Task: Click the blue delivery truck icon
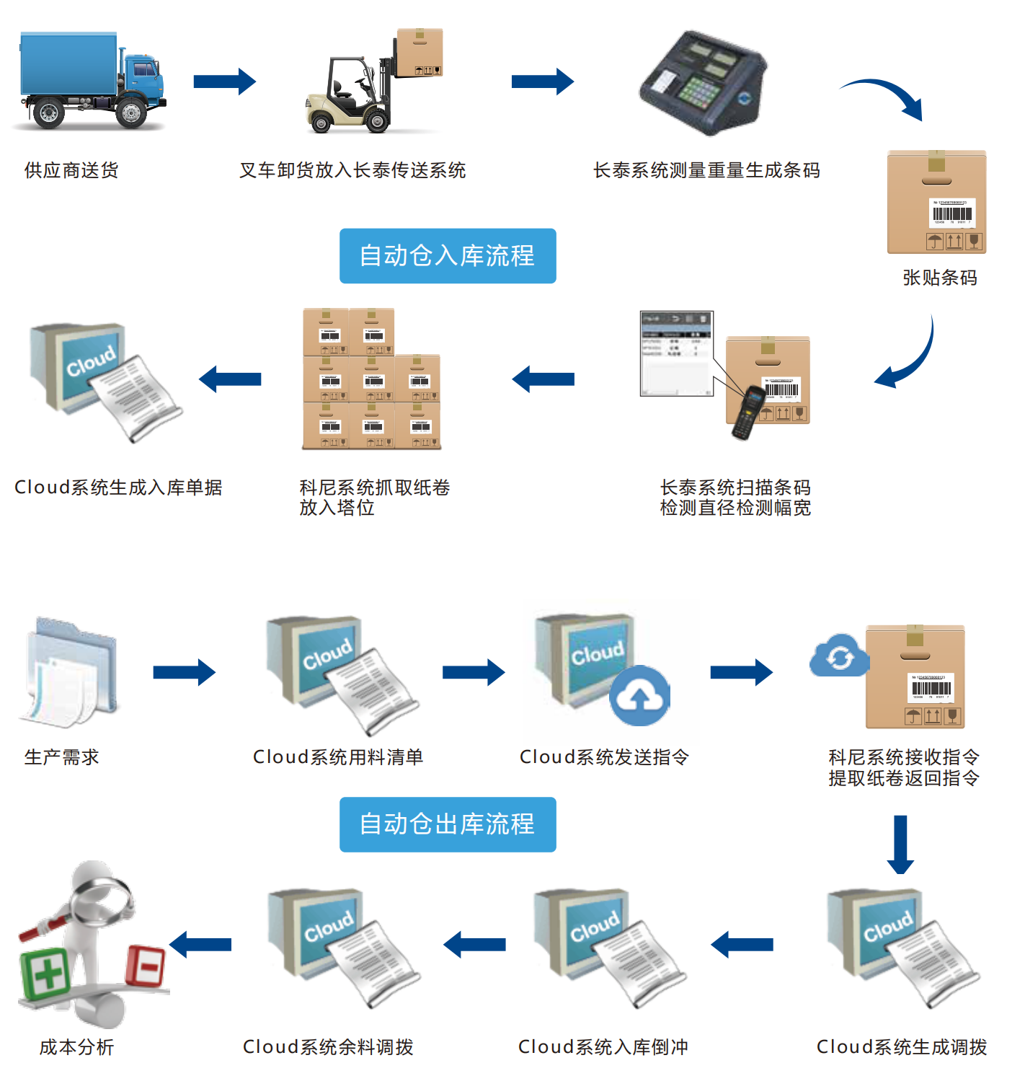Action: pyautogui.click(x=90, y=81)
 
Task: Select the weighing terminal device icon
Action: pyautogui.click(x=703, y=83)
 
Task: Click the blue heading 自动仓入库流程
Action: pyautogui.click(x=448, y=256)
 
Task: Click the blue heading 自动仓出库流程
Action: pyautogui.click(x=448, y=824)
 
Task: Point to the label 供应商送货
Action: pyautogui.click(x=71, y=170)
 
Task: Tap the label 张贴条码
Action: pyautogui.click(x=940, y=278)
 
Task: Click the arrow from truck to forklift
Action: pyautogui.click(x=224, y=81)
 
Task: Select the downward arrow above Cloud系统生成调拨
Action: pyautogui.click(x=900, y=844)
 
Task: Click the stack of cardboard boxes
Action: pyautogui.click(x=370, y=379)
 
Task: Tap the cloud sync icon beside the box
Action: pyautogui.click(x=838, y=656)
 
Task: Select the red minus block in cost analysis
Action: pyautogui.click(x=146, y=965)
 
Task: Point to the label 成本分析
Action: pyautogui.click(x=76, y=1047)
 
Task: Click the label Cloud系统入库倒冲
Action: pyautogui.click(x=603, y=1047)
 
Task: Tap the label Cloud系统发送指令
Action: pyautogui.click(x=604, y=757)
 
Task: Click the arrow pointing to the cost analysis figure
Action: pyautogui.click(x=201, y=944)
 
